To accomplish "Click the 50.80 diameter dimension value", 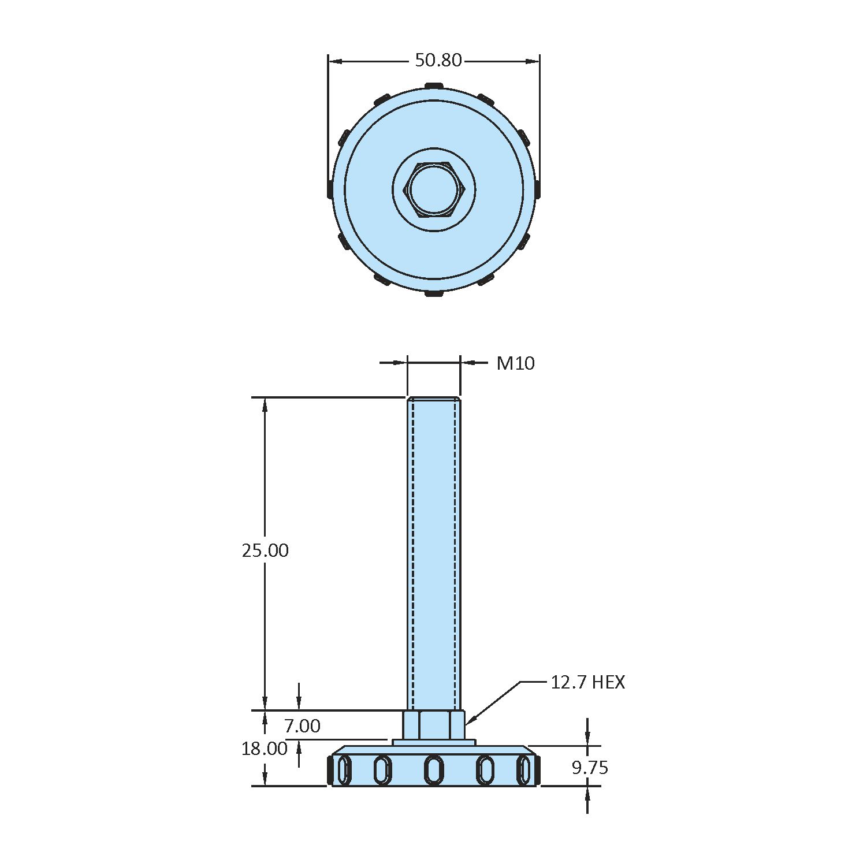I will [x=438, y=60].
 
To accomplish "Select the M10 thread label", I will [x=515, y=363].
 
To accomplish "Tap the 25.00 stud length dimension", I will [x=265, y=550].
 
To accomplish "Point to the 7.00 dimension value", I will [x=302, y=725].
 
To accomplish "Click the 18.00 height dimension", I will [x=265, y=749].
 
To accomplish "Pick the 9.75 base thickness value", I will [x=590, y=768].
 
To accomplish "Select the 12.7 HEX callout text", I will [x=587, y=682].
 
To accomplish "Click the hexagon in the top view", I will [x=434, y=190].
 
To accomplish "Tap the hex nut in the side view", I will [x=434, y=725].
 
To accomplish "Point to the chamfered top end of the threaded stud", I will [x=434, y=399].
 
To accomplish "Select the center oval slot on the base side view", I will [x=434, y=770].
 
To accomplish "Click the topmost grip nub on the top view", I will [x=434, y=86].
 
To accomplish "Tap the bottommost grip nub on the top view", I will [x=434, y=294].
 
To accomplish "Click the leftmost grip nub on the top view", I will [x=330, y=189].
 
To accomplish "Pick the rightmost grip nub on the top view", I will [x=538, y=189].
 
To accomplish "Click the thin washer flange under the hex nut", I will [x=434, y=742].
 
